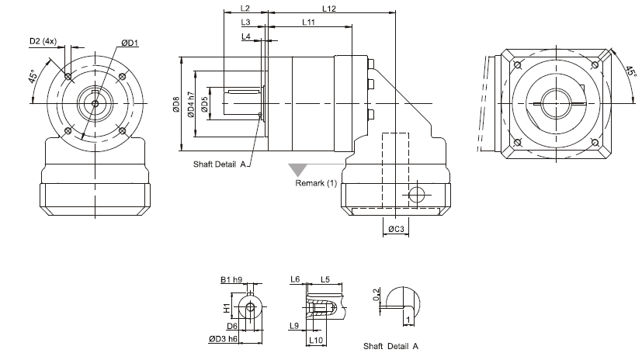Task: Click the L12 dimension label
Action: click(x=328, y=9)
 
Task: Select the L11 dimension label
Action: click(x=308, y=22)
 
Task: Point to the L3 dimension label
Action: click(x=245, y=22)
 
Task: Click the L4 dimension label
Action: click(x=245, y=36)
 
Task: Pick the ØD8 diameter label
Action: click(x=177, y=103)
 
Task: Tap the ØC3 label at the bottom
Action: click(x=395, y=229)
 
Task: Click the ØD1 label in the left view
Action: click(x=130, y=43)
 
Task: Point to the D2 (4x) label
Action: click(x=43, y=40)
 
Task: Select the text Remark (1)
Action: click(x=316, y=184)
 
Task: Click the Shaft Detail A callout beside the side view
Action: click(x=220, y=164)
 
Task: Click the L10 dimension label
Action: click(x=315, y=340)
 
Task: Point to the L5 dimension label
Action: click(x=325, y=279)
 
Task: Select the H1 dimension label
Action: click(x=227, y=307)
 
